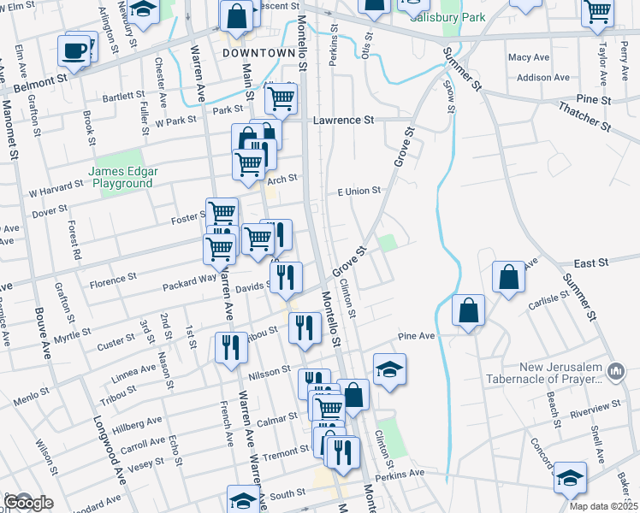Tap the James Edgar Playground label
124,177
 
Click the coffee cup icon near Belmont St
74,50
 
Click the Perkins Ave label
398,472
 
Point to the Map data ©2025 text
603,506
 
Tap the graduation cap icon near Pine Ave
389,369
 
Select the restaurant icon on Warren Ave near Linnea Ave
230,347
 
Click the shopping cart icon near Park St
281,99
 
